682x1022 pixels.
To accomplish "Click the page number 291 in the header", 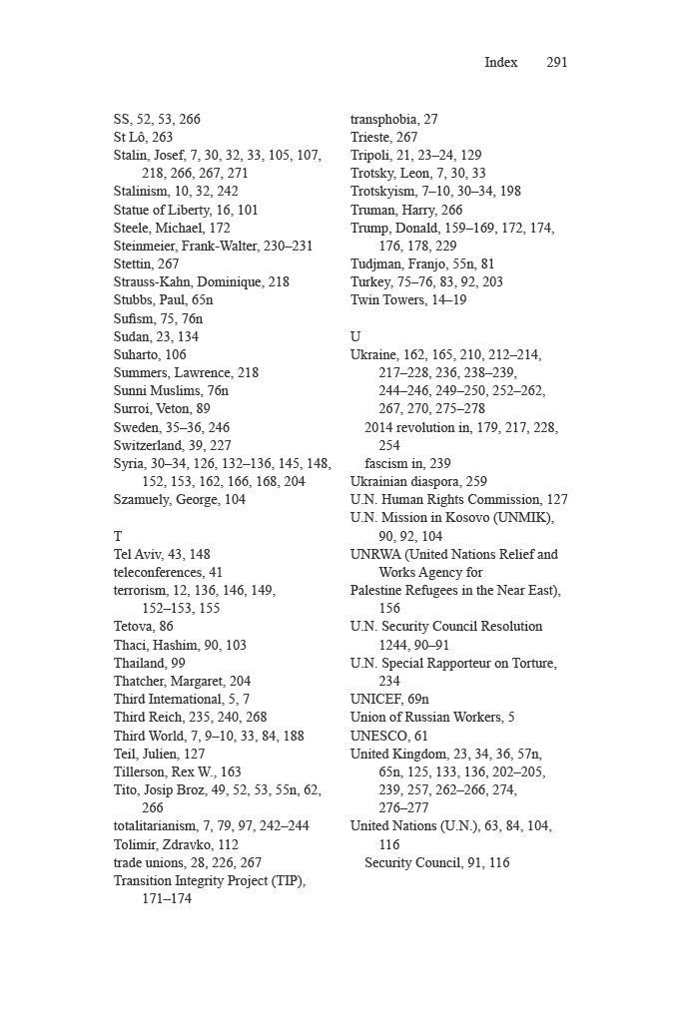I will [557, 62].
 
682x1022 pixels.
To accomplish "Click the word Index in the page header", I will [501, 62].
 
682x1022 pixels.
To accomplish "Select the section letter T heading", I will [118, 536].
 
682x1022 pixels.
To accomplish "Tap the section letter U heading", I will [355, 336].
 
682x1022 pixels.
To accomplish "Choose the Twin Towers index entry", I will [407, 299].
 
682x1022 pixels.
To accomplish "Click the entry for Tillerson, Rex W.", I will [177, 771].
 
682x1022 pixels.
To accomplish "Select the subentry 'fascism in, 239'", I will [407, 463].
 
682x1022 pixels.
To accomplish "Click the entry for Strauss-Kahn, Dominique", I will [201, 281].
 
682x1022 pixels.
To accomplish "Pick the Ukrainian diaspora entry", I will [418, 481].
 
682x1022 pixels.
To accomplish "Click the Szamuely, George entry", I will [179, 499].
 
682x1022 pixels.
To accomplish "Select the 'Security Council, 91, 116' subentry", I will [436, 862].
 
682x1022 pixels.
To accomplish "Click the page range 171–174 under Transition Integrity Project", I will [166, 898].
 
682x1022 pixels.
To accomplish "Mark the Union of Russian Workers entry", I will [432, 717].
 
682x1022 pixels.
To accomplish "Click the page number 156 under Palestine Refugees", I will [389, 608].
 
